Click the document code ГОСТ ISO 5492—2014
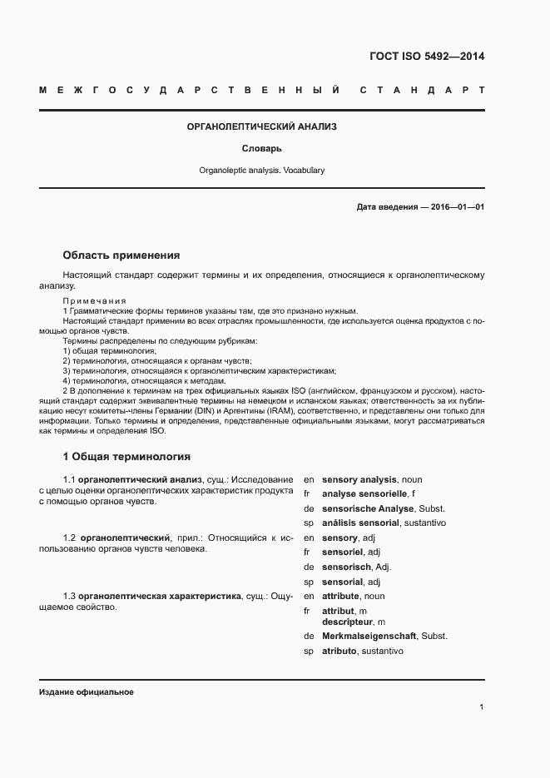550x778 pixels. tap(426, 57)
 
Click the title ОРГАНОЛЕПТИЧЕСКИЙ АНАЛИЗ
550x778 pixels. tap(261, 126)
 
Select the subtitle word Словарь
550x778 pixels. tap(261, 149)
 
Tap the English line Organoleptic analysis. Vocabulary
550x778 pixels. tap(261, 171)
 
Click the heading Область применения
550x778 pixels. tap(121, 255)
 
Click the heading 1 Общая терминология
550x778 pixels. tap(126, 457)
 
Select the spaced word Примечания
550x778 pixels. tap(94, 300)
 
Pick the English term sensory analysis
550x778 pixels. tap(359, 480)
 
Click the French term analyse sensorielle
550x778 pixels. tap(359, 494)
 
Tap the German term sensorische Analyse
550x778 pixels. tap(370, 508)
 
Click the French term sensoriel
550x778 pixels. tap(343, 552)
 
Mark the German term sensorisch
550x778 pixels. tap(345, 567)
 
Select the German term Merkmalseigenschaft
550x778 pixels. tap(369, 637)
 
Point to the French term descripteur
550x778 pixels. tap(348, 622)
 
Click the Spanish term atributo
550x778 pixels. tap(339, 651)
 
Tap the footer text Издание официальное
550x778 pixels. tap(86, 692)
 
